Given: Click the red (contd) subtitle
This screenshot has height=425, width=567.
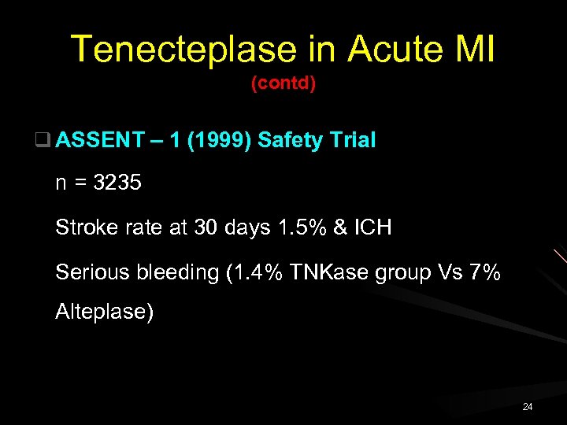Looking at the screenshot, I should click(283, 83).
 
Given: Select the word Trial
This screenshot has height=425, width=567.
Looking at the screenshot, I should click(352, 141).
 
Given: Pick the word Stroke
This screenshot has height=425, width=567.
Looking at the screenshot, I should click(84, 228).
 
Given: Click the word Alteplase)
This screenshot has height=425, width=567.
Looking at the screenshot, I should click(105, 312).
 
